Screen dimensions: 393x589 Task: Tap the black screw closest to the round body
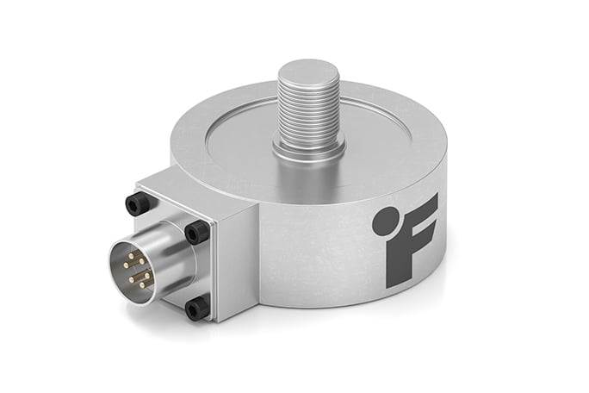point(196,231)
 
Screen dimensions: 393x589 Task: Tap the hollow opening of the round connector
point(133,269)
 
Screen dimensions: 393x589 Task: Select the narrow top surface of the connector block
point(198,185)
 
